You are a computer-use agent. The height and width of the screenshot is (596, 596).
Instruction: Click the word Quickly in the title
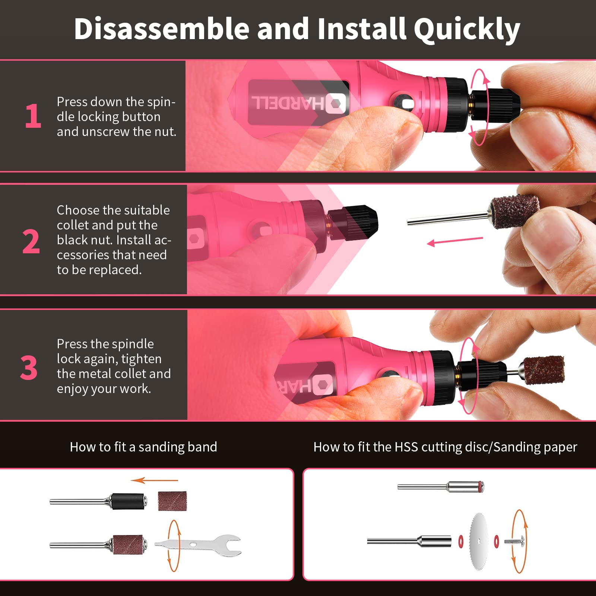(467, 29)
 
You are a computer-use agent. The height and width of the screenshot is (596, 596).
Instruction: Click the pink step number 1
(33, 116)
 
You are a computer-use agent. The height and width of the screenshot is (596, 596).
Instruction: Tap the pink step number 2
(31, 241)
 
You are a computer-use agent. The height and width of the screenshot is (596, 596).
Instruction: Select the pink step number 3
(29, 368)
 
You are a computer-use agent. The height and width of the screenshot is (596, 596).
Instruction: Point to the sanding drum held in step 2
(514, 211)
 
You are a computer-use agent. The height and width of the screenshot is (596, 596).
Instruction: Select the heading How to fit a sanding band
(143, 447)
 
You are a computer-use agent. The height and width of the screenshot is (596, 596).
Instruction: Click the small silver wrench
(198, 546)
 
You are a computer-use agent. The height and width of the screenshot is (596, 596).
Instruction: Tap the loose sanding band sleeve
(172, 501)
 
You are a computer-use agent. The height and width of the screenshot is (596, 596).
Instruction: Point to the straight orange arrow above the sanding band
(155, 481)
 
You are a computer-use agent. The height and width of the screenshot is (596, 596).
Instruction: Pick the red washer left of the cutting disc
(461, 540)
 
